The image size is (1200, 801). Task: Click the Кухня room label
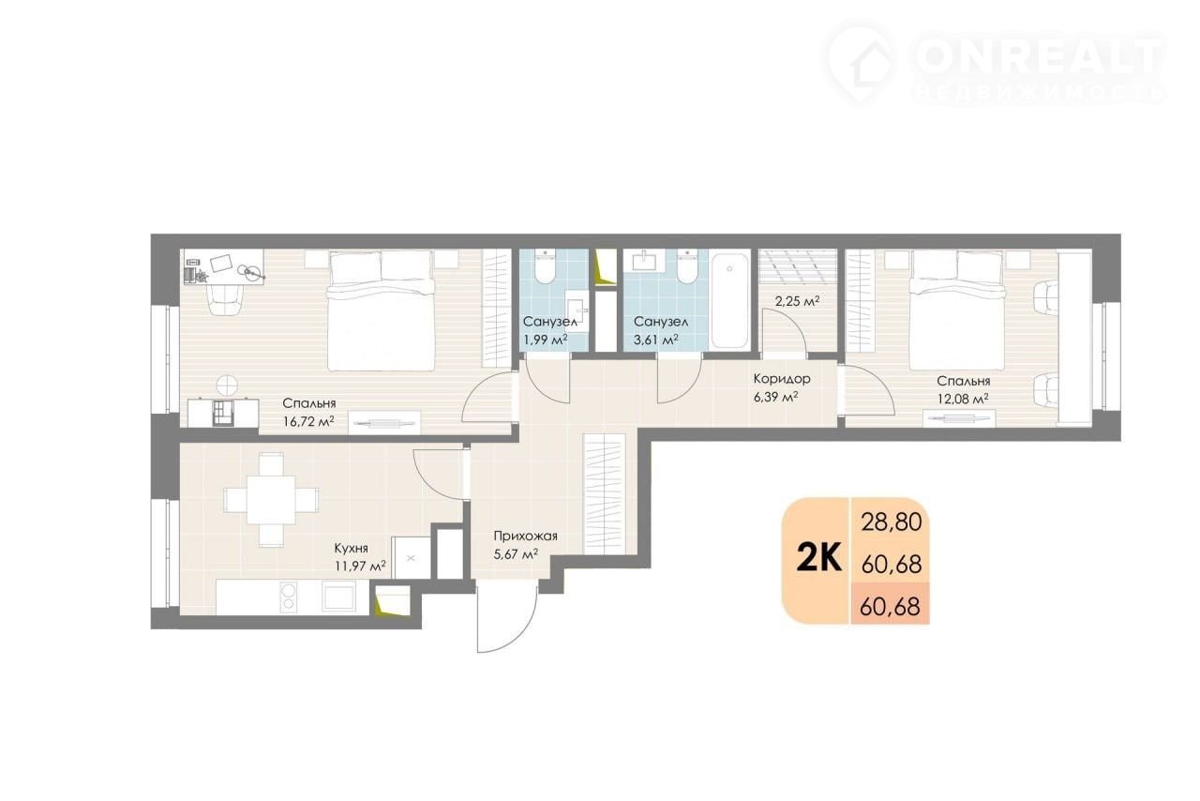[x=351, y=548]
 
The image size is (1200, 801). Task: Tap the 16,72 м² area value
[x=308, y=421]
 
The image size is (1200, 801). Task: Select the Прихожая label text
[x=526, y=537]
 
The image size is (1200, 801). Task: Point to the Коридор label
[x=782, y=379]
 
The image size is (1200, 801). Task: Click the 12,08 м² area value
[x=963, y=399]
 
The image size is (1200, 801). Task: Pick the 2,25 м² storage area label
[x=797, y=301]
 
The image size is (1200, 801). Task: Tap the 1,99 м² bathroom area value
[x=545, y=340]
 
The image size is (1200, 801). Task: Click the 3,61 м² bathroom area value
[x=656, y=340]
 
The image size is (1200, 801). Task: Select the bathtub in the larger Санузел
[x=729, y=300]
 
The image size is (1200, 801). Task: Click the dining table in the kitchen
[x=271, y=500]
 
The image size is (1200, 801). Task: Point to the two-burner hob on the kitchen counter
[x=288, y=597]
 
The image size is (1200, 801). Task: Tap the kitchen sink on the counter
[x=337, y=597]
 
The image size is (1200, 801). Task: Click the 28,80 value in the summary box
[x=892, y=522]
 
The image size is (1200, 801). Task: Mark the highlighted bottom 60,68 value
[x=891, y=607]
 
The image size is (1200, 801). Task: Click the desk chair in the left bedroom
[x=225, y=301]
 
